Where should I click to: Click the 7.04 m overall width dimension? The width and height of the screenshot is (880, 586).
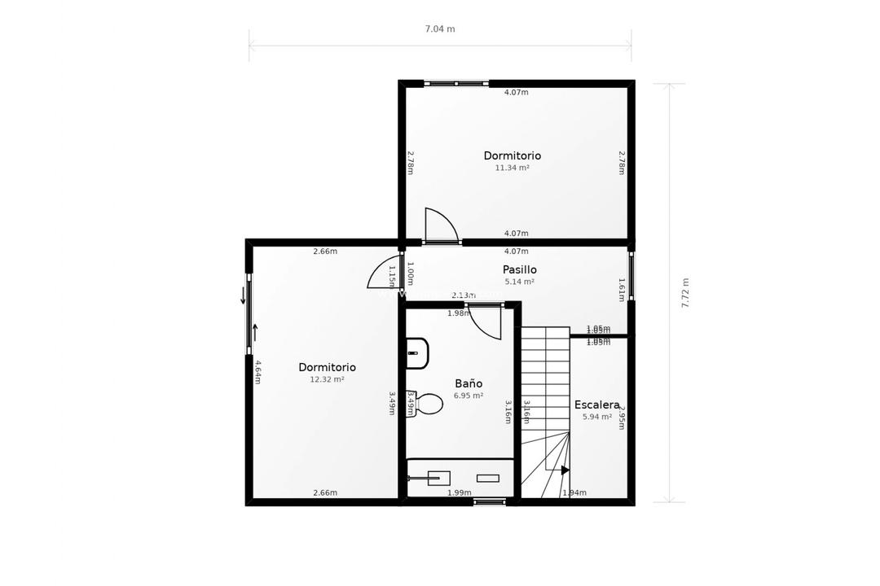440,29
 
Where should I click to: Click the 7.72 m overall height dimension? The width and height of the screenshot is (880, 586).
685,293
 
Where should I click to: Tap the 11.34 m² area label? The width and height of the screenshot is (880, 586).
512,168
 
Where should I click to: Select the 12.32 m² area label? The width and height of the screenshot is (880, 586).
327,380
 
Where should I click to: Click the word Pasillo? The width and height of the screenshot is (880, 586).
519,269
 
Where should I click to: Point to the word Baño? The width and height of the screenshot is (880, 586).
469,383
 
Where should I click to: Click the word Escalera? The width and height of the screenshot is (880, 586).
596,405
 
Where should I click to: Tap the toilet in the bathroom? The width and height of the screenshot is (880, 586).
427,404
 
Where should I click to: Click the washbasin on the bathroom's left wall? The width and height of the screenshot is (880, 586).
416,353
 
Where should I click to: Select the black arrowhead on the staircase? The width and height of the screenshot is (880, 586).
565,470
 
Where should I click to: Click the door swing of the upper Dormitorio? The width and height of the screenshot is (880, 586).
440,225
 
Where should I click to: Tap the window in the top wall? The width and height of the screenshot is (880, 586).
456,83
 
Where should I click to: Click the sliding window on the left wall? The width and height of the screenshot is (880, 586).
249,313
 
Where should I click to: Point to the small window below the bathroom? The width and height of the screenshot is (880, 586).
489,501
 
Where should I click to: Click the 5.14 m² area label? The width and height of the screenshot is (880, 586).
519,282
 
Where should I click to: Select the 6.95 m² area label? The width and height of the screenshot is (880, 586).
469,396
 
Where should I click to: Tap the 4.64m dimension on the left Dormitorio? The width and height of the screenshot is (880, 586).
257,372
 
